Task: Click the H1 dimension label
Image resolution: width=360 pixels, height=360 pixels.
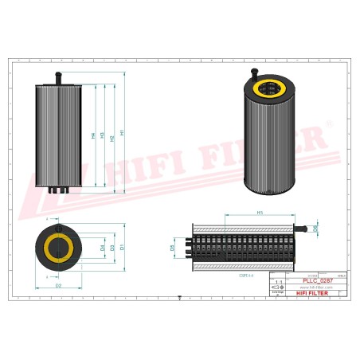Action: click(122, 132)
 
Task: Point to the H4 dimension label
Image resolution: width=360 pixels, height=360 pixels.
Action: click(93, 135)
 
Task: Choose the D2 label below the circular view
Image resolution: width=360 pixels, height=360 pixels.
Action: click(58, 284)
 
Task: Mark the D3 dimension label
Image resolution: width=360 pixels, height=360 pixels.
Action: click(112, 248)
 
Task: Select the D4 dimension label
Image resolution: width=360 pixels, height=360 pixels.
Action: click(103, 248)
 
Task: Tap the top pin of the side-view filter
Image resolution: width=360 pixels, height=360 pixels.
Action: click(57, 76)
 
